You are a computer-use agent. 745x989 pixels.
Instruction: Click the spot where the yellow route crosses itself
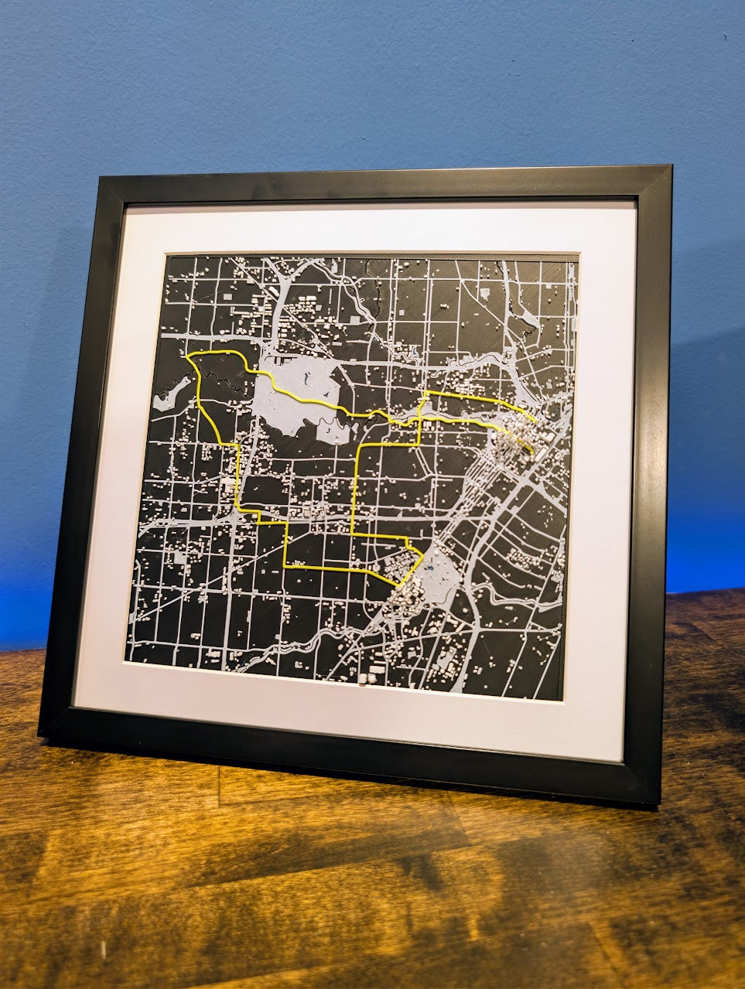419,421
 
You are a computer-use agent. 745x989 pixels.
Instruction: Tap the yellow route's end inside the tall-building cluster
531,451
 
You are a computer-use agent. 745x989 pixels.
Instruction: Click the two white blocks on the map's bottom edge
368,677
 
